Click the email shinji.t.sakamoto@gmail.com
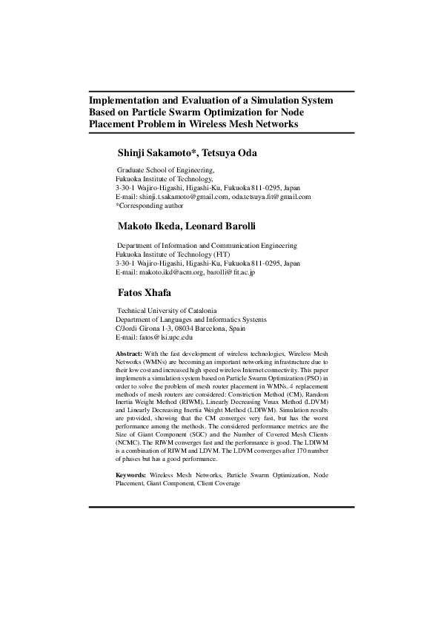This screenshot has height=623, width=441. tap(182, 197)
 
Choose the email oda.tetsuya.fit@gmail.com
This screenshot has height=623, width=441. tap(271, 197)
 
